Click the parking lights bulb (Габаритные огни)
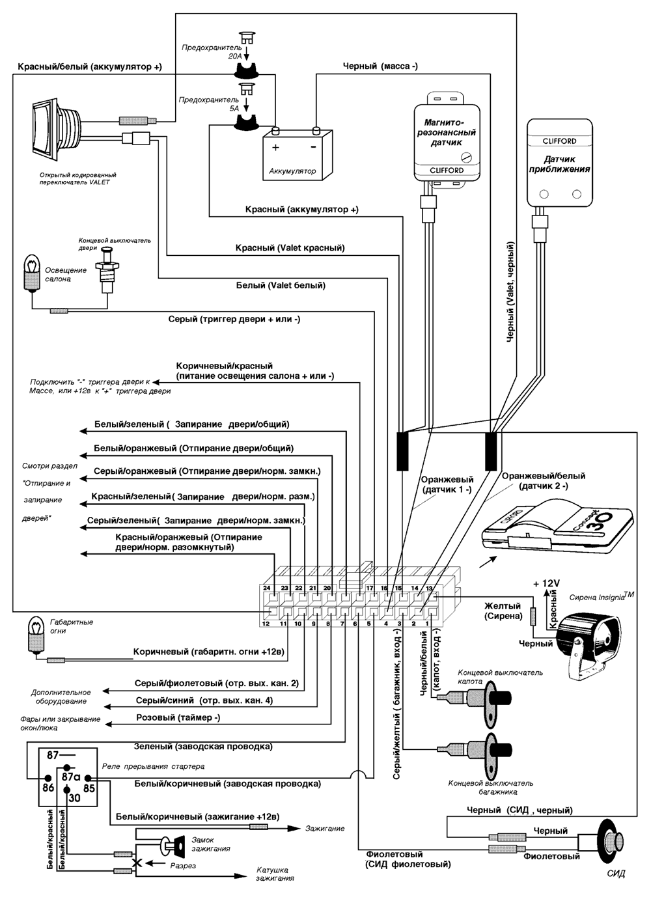35,635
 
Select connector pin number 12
266,624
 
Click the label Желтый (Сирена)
502,611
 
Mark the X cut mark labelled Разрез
137,864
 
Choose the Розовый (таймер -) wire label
178,717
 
